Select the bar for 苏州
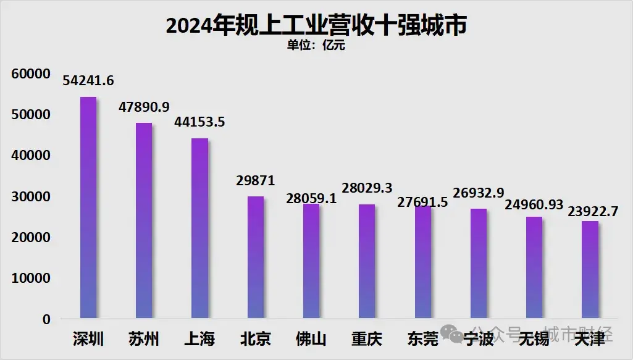click(x=144, y=220)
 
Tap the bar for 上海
click(x=199, y=228)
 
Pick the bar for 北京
click(x=256, y=257)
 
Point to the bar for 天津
click(x=590, y=270)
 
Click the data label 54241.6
click(x=89, y=81)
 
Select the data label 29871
click(x=256, y=180)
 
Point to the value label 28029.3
click(x=367, y=188)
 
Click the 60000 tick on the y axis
click(x=30, y=74)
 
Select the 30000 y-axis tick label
click(x=30, y=197)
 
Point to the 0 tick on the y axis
click(x=46, y=319)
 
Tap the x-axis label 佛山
click(x=311, y=339)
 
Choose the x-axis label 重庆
click(x=367, y=339)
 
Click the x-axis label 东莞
click(x=422, y=339)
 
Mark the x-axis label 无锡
click(x=534, y=339)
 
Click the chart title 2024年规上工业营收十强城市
click(x=316, y=26)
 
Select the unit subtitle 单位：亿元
click(x=316, y=45)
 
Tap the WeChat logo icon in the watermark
click(x=458, y=335)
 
